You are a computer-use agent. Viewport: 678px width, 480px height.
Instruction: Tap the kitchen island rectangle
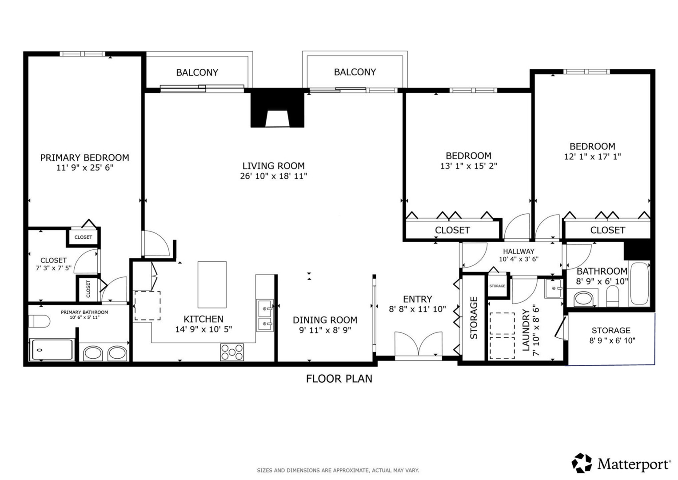tap(212, 284)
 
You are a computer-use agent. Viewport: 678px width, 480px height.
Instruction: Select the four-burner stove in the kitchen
tap(232, 352)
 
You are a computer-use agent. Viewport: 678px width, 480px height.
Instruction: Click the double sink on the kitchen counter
tap(265, 316)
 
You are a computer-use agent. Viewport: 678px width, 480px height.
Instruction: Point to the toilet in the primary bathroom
tap(39, 321)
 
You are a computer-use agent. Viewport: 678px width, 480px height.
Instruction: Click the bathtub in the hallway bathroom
tap(639, 284)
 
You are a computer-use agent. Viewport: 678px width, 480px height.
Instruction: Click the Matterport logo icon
tap(582, 463)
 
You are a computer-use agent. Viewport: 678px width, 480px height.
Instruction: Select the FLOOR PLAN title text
tap(339, 379)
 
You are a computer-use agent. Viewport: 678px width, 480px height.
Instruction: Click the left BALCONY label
tap(197, 72)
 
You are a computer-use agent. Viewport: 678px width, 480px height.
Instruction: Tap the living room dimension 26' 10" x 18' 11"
tap(273, 176)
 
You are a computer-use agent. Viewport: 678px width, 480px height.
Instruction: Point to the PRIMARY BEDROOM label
tap(84, 157)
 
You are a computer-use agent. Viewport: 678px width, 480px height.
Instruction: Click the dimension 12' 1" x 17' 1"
tap(592, 156)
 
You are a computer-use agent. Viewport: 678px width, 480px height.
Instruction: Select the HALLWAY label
tap(518, 251)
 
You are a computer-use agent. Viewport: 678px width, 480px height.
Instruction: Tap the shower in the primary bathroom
tap(52, 350)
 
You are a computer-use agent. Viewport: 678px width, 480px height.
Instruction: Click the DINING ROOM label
tap(325, 320)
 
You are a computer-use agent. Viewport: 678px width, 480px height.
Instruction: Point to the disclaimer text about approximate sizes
tap(338, 470)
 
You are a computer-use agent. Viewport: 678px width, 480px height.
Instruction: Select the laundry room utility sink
tap(553, 289)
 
